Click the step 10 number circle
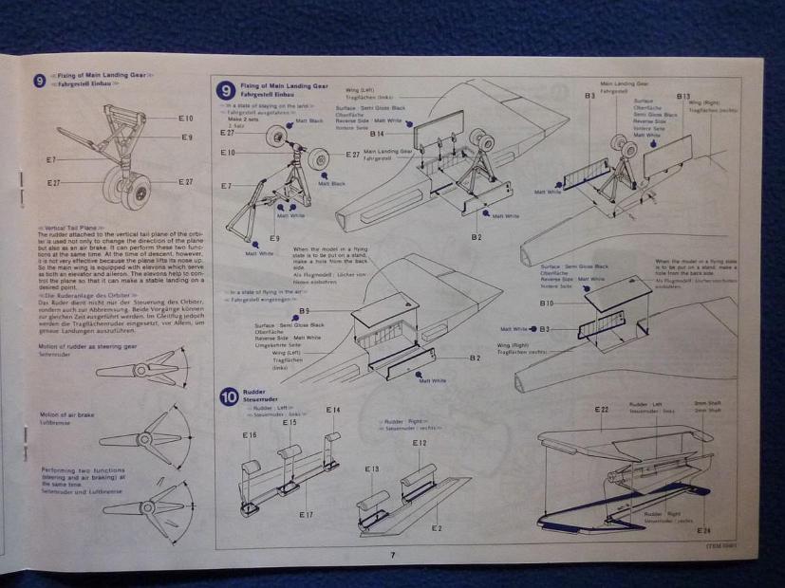(228, 397)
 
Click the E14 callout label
(332, 411)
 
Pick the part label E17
(306, 514)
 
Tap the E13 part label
(372, 469)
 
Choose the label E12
(420, 443)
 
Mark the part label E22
(602, 410)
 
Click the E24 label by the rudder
(703, 531)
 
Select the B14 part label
(377, 135)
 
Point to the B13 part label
(683, 97)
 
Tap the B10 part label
(546, 303)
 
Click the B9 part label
(304, 311)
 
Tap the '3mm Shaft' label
(706, 403)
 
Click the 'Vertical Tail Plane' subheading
(68, 229)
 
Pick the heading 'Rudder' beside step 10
(254, 391)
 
